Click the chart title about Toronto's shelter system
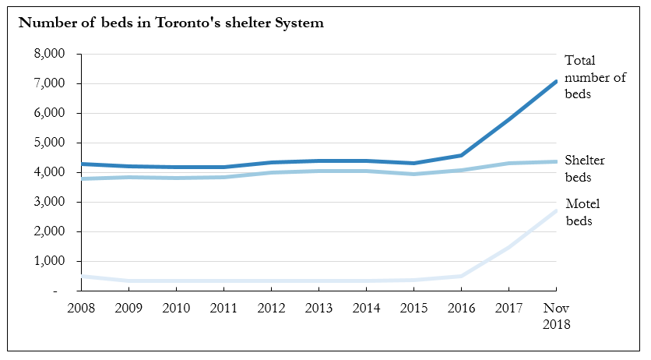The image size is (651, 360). [x=171, y=23]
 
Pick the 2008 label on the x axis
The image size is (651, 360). [x=82, y=308]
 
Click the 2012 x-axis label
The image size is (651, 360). [x=272, y=308]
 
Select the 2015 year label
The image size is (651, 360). [x=414, y=308]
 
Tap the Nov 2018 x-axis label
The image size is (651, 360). [x=556, y=316]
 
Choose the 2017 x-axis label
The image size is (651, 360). [x=509, y=308]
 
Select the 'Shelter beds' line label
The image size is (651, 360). [x=586, y=168]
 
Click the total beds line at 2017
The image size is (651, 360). [x=509, y=120]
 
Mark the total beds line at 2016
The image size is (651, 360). [x=462, y=155]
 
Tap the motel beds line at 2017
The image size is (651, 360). [x=509, y=247]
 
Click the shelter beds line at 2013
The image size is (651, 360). [x=319, y=171]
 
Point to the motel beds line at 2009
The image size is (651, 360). [x=129, y=281]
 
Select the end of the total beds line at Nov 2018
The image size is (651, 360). [x=555, y=81]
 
